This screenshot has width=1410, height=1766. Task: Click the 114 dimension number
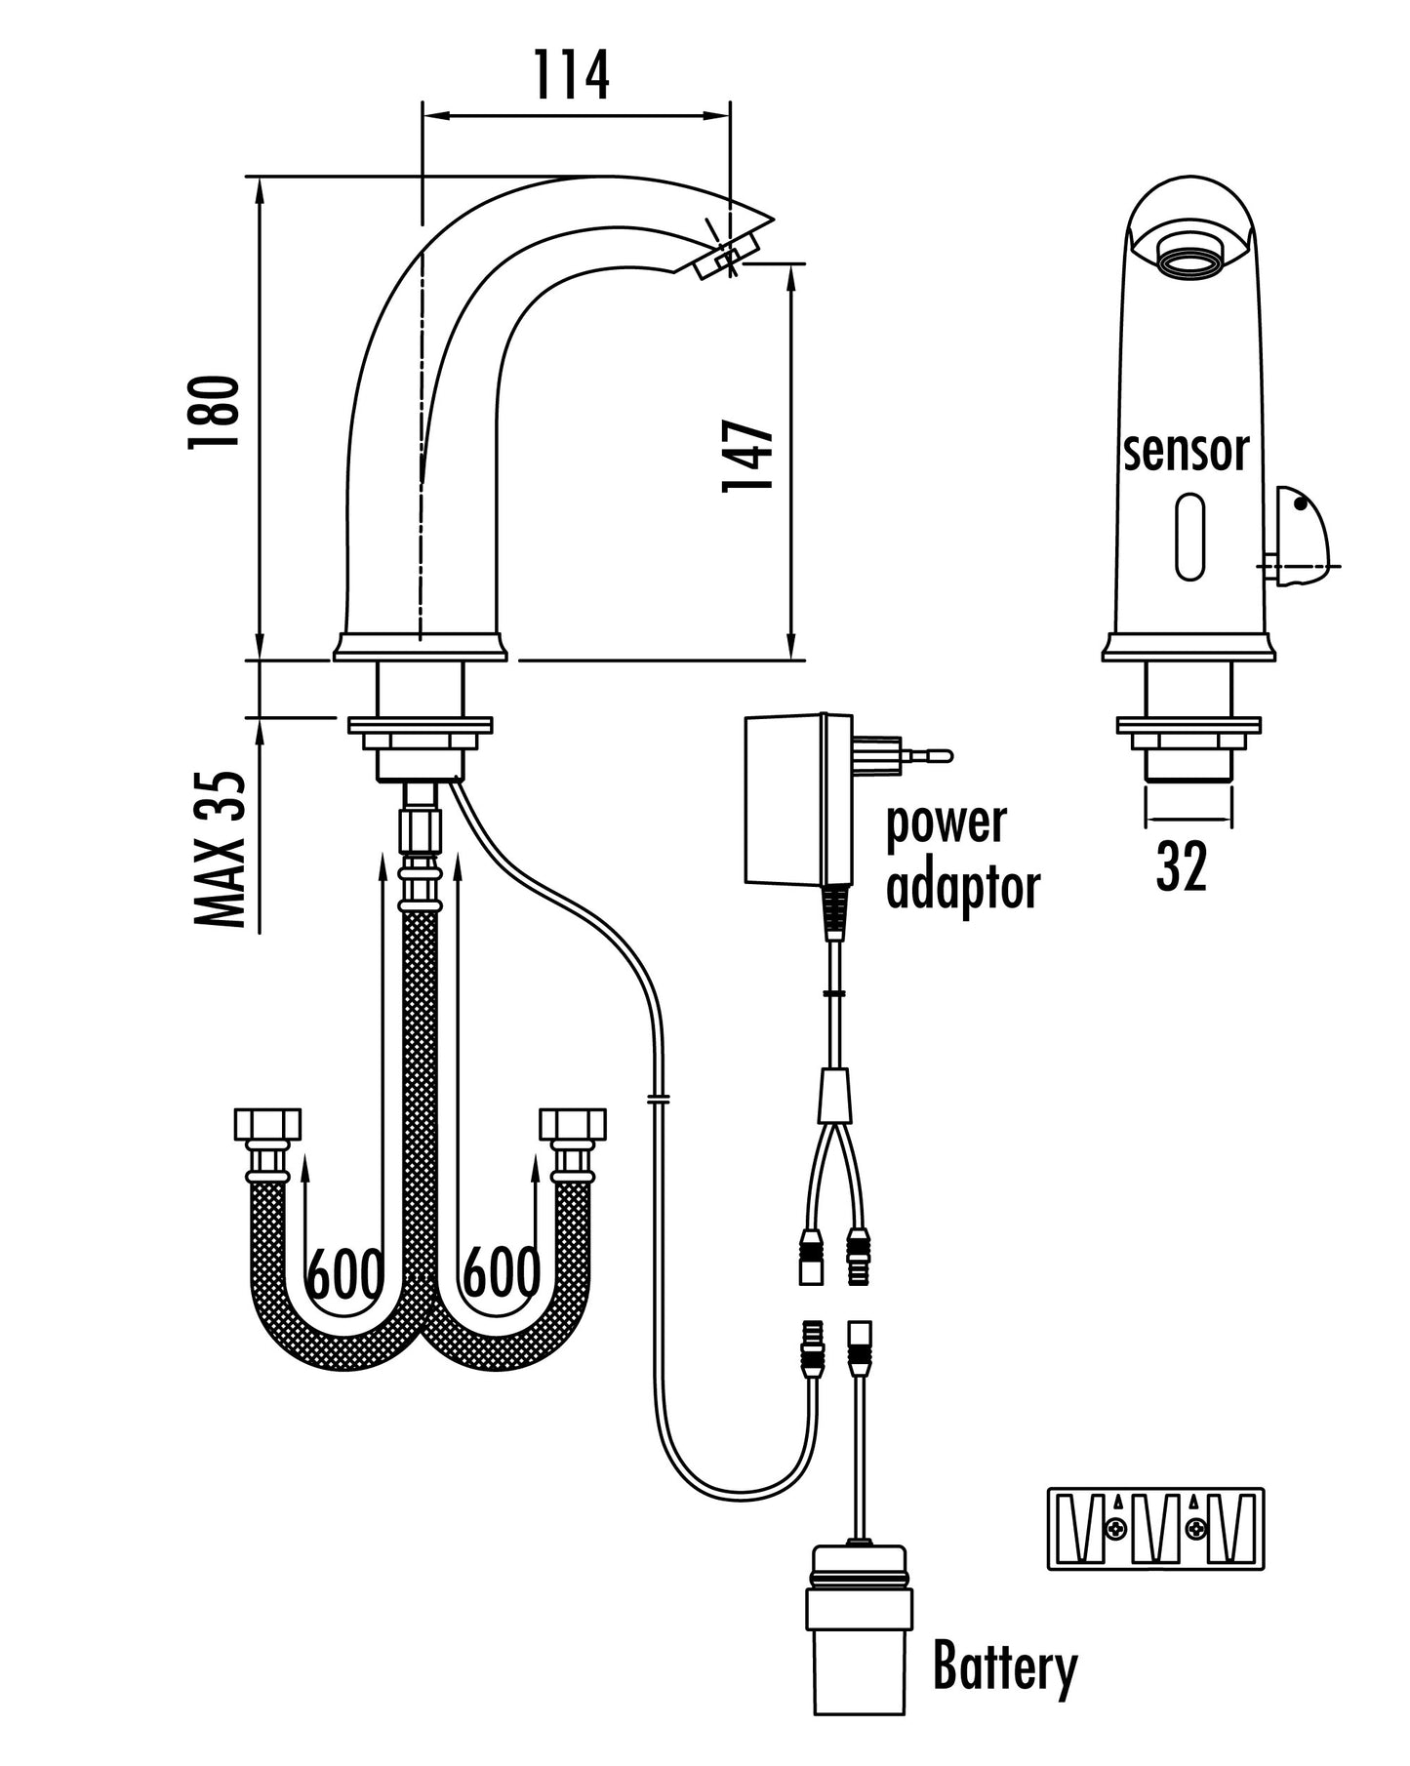[x=572, y=75]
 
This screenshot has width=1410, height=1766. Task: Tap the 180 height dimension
[x=214, y=412]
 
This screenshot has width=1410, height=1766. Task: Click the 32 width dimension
[x=1182, y=865]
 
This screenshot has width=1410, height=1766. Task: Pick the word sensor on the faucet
[x=1186, y=452]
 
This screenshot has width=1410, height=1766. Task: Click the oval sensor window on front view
[x=1190, y=537]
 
